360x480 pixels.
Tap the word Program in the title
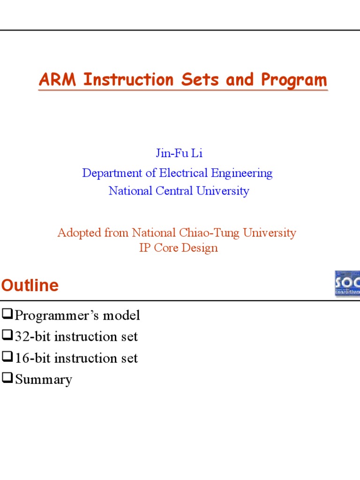tap(294, 80)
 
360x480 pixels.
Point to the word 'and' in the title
tap(240, 80)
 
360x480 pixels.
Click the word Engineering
tap(241, 172)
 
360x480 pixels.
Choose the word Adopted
tap(77, 232)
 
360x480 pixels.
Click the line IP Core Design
tap(179, 248)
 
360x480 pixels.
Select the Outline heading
tap(30, 285)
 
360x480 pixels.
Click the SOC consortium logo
tap(347, 283)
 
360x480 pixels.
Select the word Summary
tap(44, 380)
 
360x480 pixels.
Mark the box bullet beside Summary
tap(7, 378)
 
